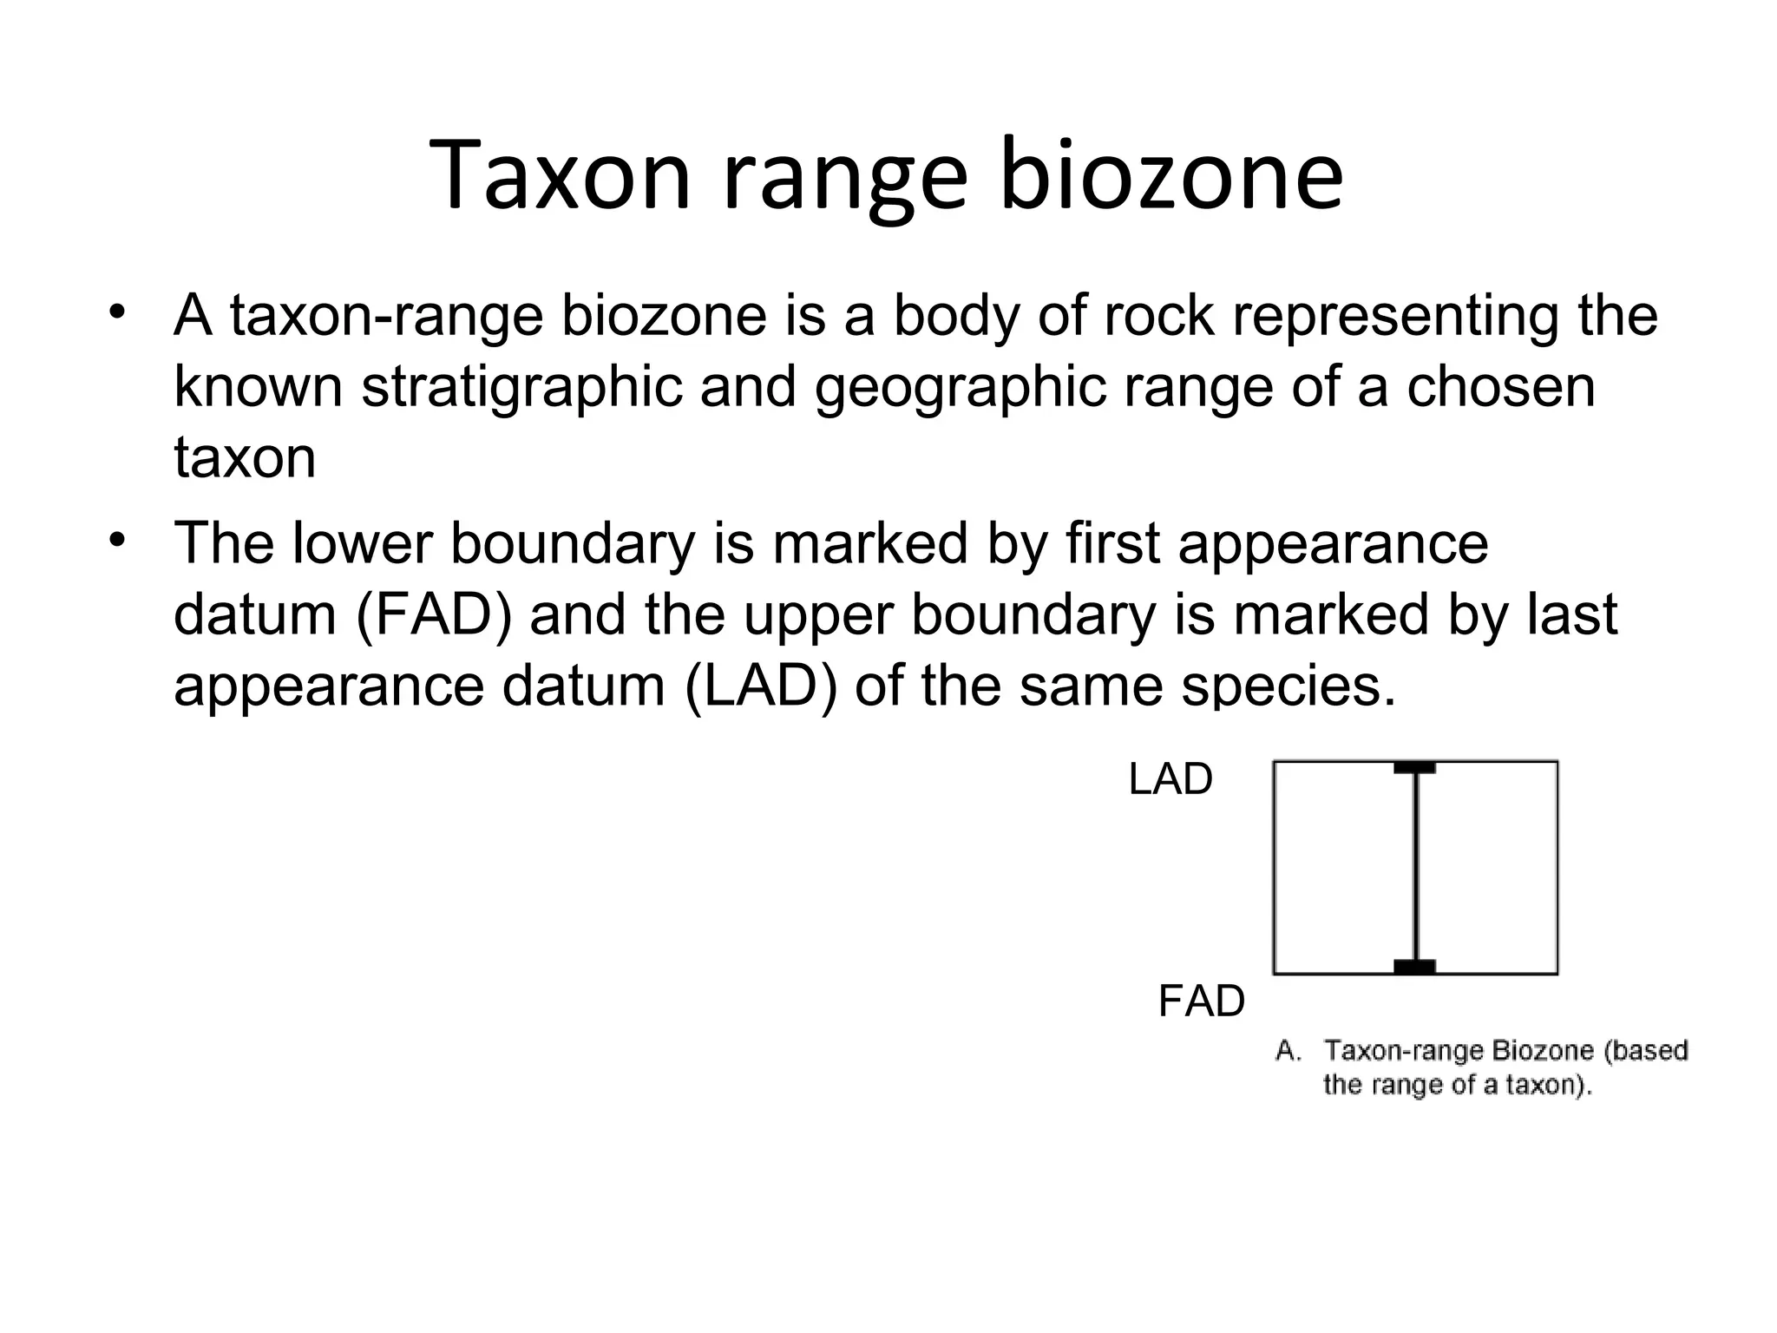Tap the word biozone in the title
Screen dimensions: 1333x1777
click(1171, 176)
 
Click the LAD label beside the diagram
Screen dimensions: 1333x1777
click(1170, 779)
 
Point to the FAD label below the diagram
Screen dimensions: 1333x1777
click(1201, 1001)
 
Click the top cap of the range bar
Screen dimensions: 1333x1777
click(1414, 768)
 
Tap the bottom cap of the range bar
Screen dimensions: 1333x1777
click(1414, 967)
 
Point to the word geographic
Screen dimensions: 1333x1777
click(960, 387)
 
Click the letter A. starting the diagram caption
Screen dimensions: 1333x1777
click(1288, 1052)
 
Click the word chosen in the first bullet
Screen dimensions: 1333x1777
click(1500, 387)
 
